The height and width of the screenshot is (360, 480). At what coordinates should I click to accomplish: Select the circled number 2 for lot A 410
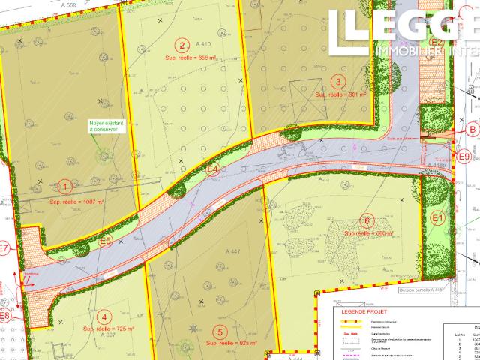[x=180, y=44]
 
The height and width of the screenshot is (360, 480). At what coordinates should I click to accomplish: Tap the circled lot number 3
[x=338, y=82]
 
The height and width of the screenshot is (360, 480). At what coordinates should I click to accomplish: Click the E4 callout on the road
[x=213, y=170]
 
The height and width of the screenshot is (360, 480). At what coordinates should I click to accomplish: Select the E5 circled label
[x=106, y=241]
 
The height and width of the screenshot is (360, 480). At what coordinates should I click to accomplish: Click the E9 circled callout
[x=464, y=156]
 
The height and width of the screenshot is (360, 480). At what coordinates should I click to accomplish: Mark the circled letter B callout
[x=472, y=129]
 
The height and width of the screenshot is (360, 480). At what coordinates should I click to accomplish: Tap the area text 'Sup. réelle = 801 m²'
[x=340, y=95]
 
